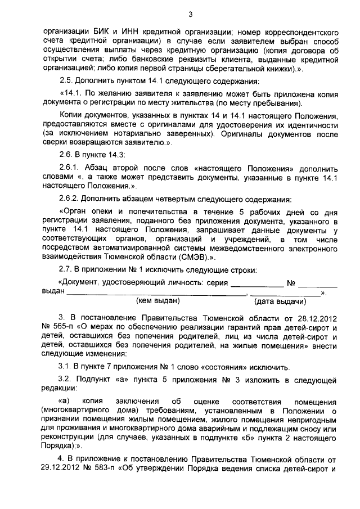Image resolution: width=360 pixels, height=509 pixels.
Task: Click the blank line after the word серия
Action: pyautogui.click(x=258, y=283)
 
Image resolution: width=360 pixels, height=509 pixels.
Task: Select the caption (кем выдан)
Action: pyautogui.click(x=159, y=301)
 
